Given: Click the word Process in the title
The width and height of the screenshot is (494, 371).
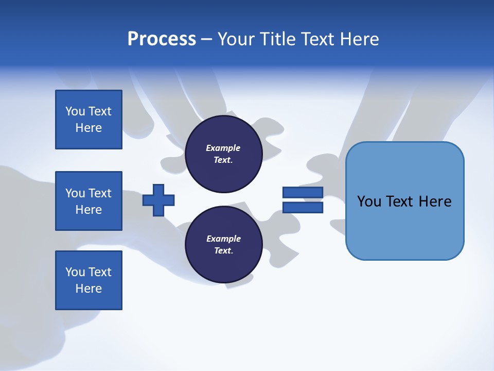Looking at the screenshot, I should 162,39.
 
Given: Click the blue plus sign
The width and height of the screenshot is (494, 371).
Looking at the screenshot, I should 158,200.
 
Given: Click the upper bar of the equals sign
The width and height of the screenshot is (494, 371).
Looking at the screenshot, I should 303,192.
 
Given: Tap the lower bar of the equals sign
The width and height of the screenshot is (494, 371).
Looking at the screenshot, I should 303,208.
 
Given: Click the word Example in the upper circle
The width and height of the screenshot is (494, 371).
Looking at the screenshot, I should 223,148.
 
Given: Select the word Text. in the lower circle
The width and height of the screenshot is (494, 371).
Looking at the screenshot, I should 223,251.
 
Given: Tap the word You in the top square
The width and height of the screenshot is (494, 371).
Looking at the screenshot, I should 75,111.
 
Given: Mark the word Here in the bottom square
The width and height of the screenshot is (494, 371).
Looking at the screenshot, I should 89,289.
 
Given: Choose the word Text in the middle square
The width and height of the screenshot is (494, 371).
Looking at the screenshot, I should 100,193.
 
